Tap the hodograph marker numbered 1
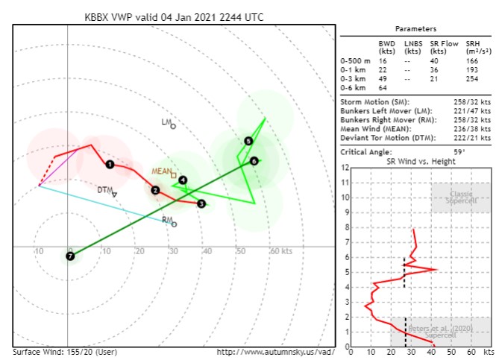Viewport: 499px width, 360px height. [110, 164]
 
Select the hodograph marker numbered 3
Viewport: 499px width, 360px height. [201, 203]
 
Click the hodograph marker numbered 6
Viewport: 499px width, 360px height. [254, 160]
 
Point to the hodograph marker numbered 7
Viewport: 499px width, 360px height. [70, 256]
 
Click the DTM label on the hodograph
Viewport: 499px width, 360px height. [104, 190]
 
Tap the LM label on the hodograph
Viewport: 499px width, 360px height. [166, 121]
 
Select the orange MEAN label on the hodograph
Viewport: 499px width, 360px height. [161, 171]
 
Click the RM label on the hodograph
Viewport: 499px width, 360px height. [166, 220]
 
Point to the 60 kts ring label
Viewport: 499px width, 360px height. [280, 251]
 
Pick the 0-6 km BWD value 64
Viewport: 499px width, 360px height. [383, 87]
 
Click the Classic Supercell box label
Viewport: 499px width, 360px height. [460, 198]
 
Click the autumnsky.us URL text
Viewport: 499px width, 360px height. [280, 351]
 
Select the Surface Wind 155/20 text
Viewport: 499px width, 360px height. [65, 351]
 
